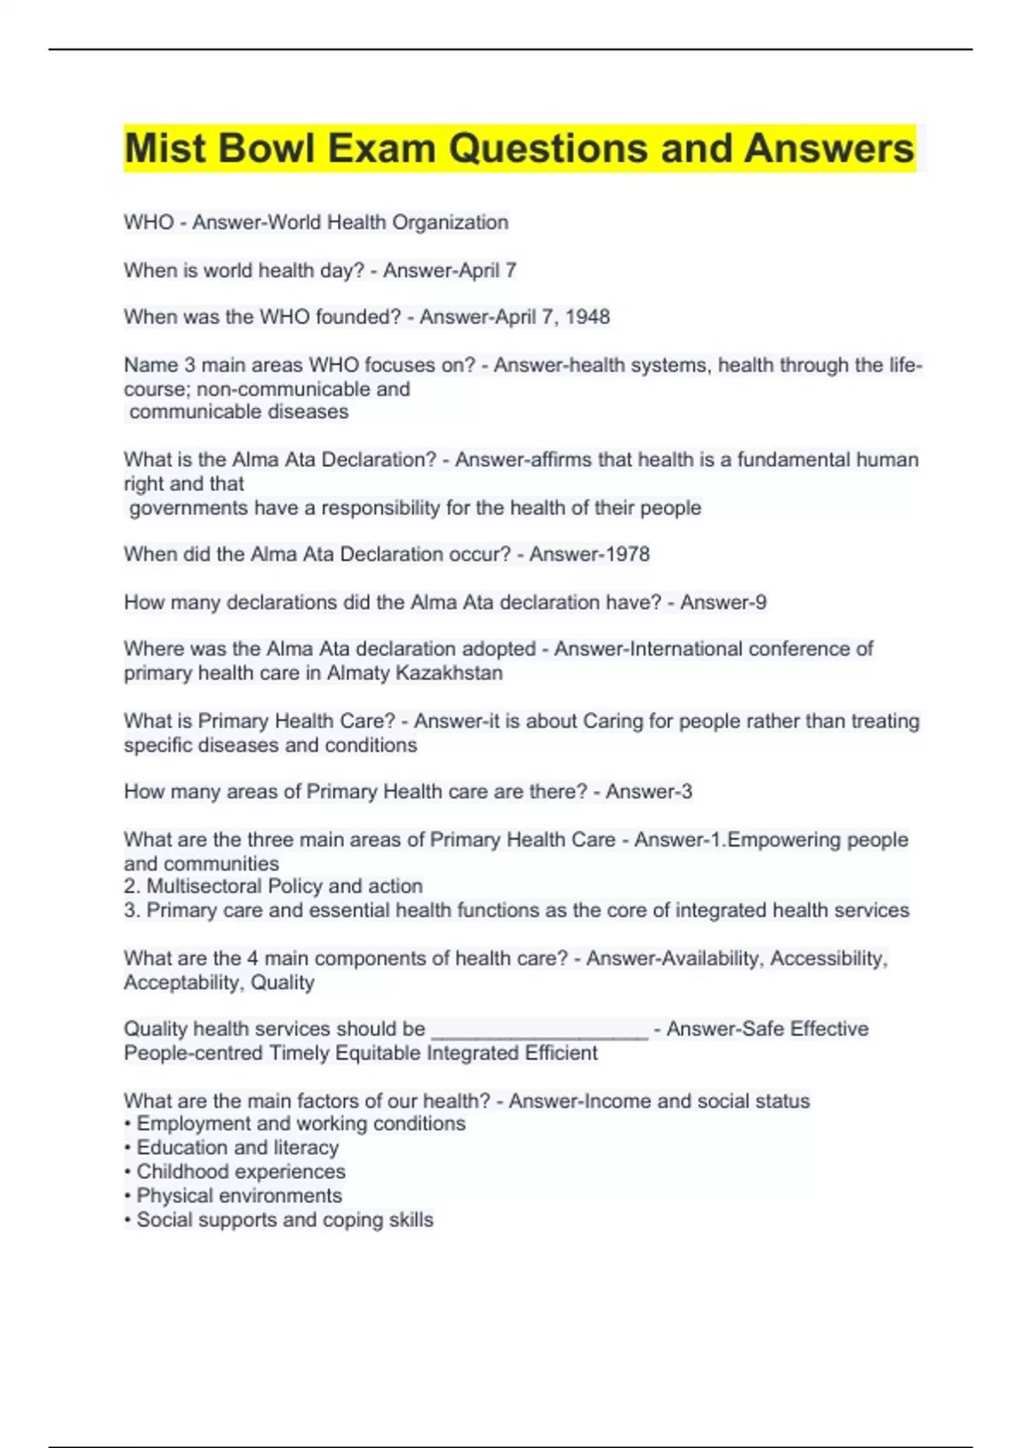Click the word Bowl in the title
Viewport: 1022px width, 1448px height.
(267, 148)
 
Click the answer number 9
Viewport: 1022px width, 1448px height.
(761, 602)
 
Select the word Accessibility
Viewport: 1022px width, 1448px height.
(829, 958)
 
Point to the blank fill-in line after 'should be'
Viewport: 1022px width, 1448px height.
(540, 1031)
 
